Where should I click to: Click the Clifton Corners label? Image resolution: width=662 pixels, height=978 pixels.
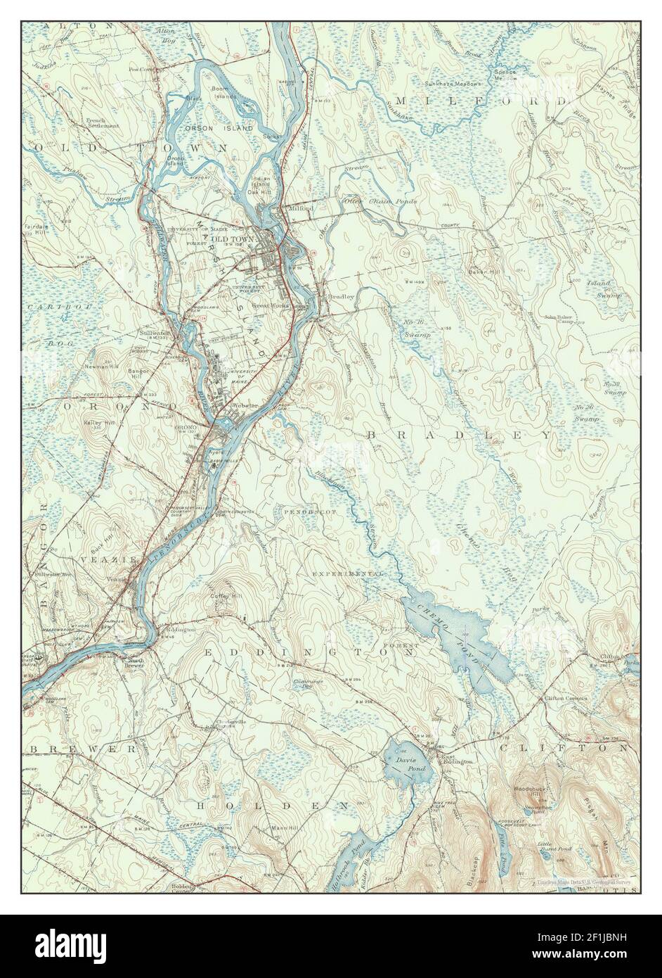pos(565,699)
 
